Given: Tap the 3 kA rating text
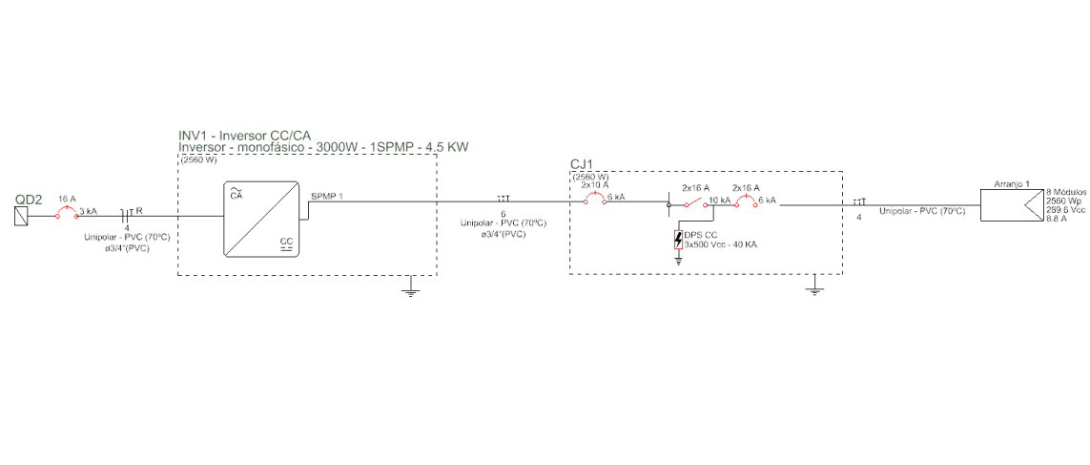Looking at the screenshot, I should pyautogui.click(x=88, y=211).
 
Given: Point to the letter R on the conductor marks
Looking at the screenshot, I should pyautogui.click(x=139, y=211).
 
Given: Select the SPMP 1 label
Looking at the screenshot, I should pyautogui.click(x=327, y=196).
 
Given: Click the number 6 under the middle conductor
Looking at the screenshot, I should pyautogui.click(x=503, y=214).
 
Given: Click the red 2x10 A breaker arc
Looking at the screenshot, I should pyautogui.click(x=596, y=198).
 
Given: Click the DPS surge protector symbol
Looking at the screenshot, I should pyautogui.click(x=678, y=239).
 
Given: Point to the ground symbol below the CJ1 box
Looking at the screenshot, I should pyautogui.click(x=813, y=288).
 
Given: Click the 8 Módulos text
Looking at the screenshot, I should pyautogui.click(x=1067, y=192).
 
